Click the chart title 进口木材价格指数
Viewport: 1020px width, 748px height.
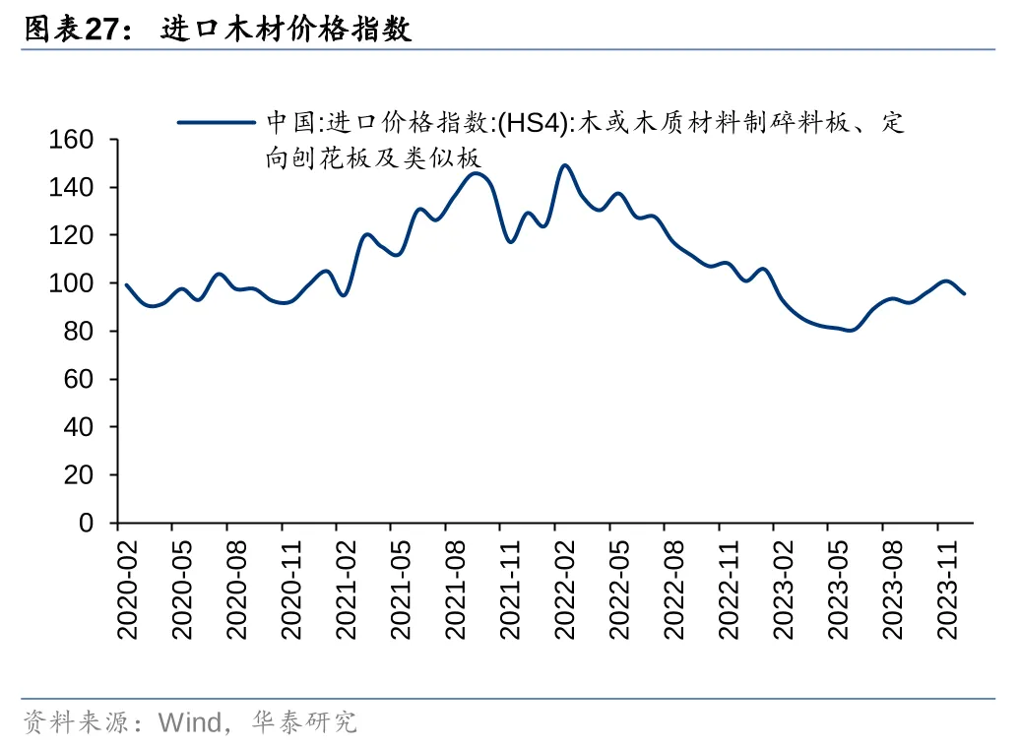tap(286, 30)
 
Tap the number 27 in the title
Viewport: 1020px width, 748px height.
tap(102, 31)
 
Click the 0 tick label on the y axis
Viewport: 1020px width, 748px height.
tap(87, 523)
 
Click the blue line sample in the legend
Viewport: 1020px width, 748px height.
tap(216, 123)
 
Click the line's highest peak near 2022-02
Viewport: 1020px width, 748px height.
tap(564, 165)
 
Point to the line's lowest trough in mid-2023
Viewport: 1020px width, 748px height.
tap(849, 330)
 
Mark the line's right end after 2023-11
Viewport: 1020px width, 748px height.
tap(964, 293)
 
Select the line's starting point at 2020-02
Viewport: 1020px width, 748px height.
tap(127, 285)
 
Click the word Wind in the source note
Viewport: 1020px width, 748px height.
tap(190, 723)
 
